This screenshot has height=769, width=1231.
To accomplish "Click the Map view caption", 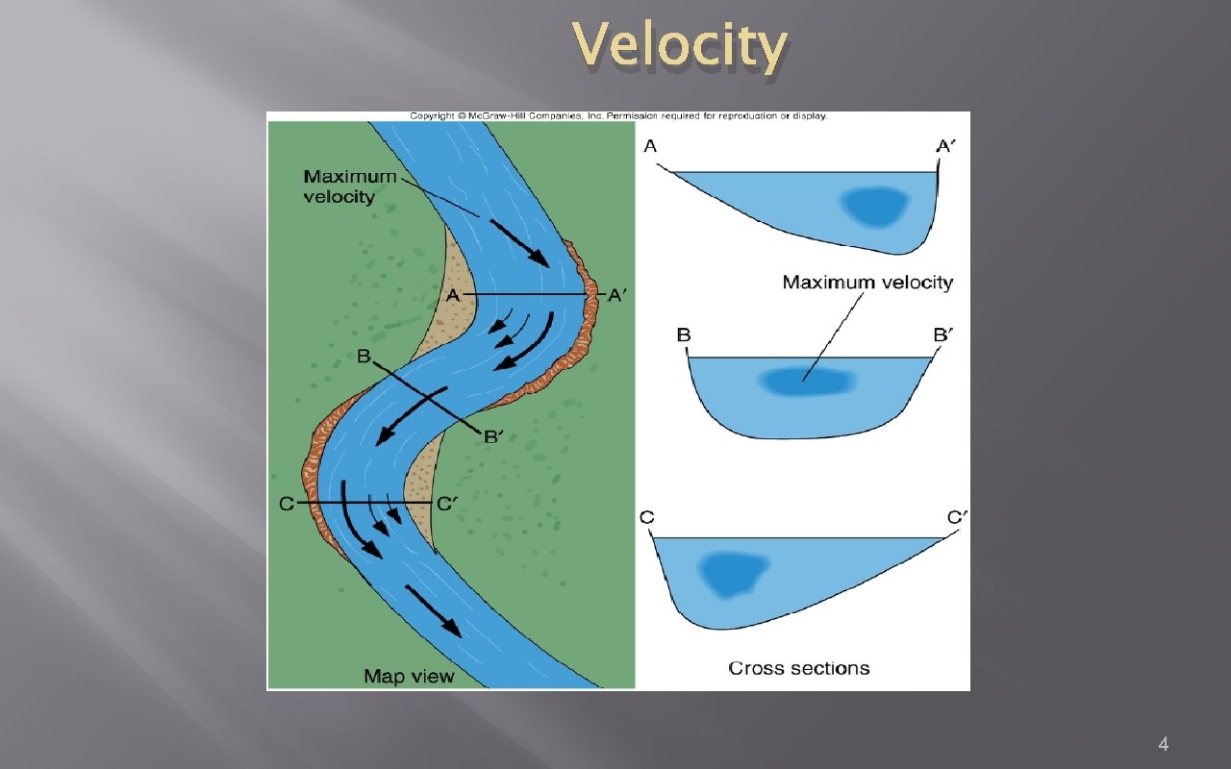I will pos(409,677).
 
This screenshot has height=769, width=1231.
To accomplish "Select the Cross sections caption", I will pos(798,668).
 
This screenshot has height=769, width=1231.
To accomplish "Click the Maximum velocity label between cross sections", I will pos(867,283).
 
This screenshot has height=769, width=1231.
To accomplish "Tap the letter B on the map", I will pos(364,357).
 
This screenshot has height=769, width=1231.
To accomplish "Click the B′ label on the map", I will pos(493,436).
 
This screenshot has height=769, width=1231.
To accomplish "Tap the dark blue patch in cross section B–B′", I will pos(806,382).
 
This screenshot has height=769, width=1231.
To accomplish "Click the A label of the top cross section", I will pos(651,146).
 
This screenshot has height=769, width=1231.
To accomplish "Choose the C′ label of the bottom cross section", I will pos(958,518).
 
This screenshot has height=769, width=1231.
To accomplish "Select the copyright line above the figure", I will pos(618,115).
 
